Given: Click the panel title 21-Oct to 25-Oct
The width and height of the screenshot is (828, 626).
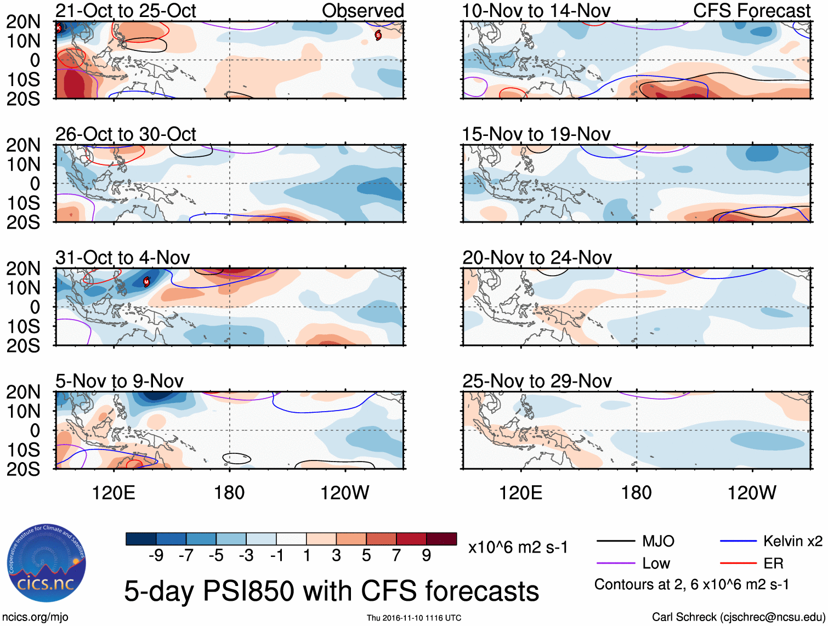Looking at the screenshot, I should click(126, 11).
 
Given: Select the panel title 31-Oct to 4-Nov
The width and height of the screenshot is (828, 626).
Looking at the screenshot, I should click(123, 258).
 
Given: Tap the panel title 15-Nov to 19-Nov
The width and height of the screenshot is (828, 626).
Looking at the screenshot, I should click(536, 134).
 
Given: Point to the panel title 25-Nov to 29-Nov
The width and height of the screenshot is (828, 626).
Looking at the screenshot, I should click(537, 381).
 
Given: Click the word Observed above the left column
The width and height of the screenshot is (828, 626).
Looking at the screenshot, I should click(362, 11).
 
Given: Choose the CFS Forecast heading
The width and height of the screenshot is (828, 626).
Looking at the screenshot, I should click(751, 11).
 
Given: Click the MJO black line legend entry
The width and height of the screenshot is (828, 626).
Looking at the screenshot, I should click(636, 542).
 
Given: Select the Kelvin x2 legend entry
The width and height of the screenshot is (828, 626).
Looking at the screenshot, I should click(771, 542).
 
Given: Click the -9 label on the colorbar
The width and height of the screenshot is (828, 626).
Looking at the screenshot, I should click(156, 556).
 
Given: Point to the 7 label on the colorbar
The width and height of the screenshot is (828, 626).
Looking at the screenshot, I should click(396, 556).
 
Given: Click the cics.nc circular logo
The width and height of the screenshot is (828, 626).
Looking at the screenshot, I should click(47, 564).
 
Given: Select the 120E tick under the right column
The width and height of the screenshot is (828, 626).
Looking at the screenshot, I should click(520, 493).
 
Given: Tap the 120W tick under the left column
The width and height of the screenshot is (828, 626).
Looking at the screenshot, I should click(344, 493).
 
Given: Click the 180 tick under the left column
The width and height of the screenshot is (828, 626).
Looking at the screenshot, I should click(229, 493).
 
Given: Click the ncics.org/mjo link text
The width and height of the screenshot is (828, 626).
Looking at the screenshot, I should click(35, 617).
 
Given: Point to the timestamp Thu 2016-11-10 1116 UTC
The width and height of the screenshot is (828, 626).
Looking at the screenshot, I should click(414, 618).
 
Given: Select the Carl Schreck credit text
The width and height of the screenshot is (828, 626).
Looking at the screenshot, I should click(738, 617).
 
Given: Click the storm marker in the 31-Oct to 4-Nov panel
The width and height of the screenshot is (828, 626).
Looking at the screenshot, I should click(146, 282).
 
